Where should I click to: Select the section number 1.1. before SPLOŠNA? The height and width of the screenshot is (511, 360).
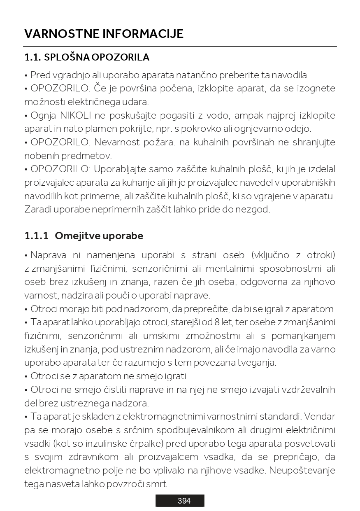point(33,57)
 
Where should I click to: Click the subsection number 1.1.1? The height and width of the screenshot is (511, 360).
point(36,236)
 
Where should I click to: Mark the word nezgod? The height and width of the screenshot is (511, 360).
point(255,209)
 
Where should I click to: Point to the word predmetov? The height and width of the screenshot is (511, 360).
point(87,156)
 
